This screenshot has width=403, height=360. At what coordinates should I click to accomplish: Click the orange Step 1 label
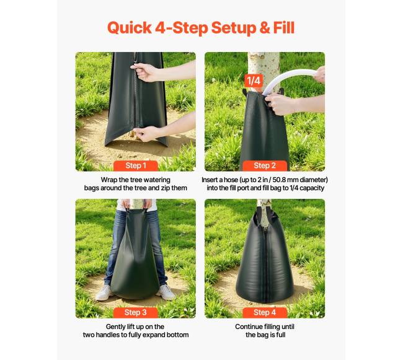[x=136, y=165]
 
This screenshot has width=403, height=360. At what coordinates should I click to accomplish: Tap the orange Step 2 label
[x=265, y=165]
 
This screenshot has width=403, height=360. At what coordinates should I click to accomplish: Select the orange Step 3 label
[x=136, y=312]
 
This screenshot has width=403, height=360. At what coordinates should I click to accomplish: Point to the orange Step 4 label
[x=265, y=312]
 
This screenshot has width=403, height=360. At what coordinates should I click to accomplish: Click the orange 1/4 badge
[x=254, y=81]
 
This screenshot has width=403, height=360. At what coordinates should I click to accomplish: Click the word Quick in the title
[x=130, y=28]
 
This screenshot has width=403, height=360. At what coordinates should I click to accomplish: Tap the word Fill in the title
[x=284, y=27]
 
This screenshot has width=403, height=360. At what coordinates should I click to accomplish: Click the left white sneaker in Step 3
[x=104, y=292]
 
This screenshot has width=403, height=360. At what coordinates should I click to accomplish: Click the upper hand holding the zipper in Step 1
[x=144, y=72]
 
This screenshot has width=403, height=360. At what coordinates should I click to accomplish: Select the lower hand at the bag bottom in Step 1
[x=146, y=133]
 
